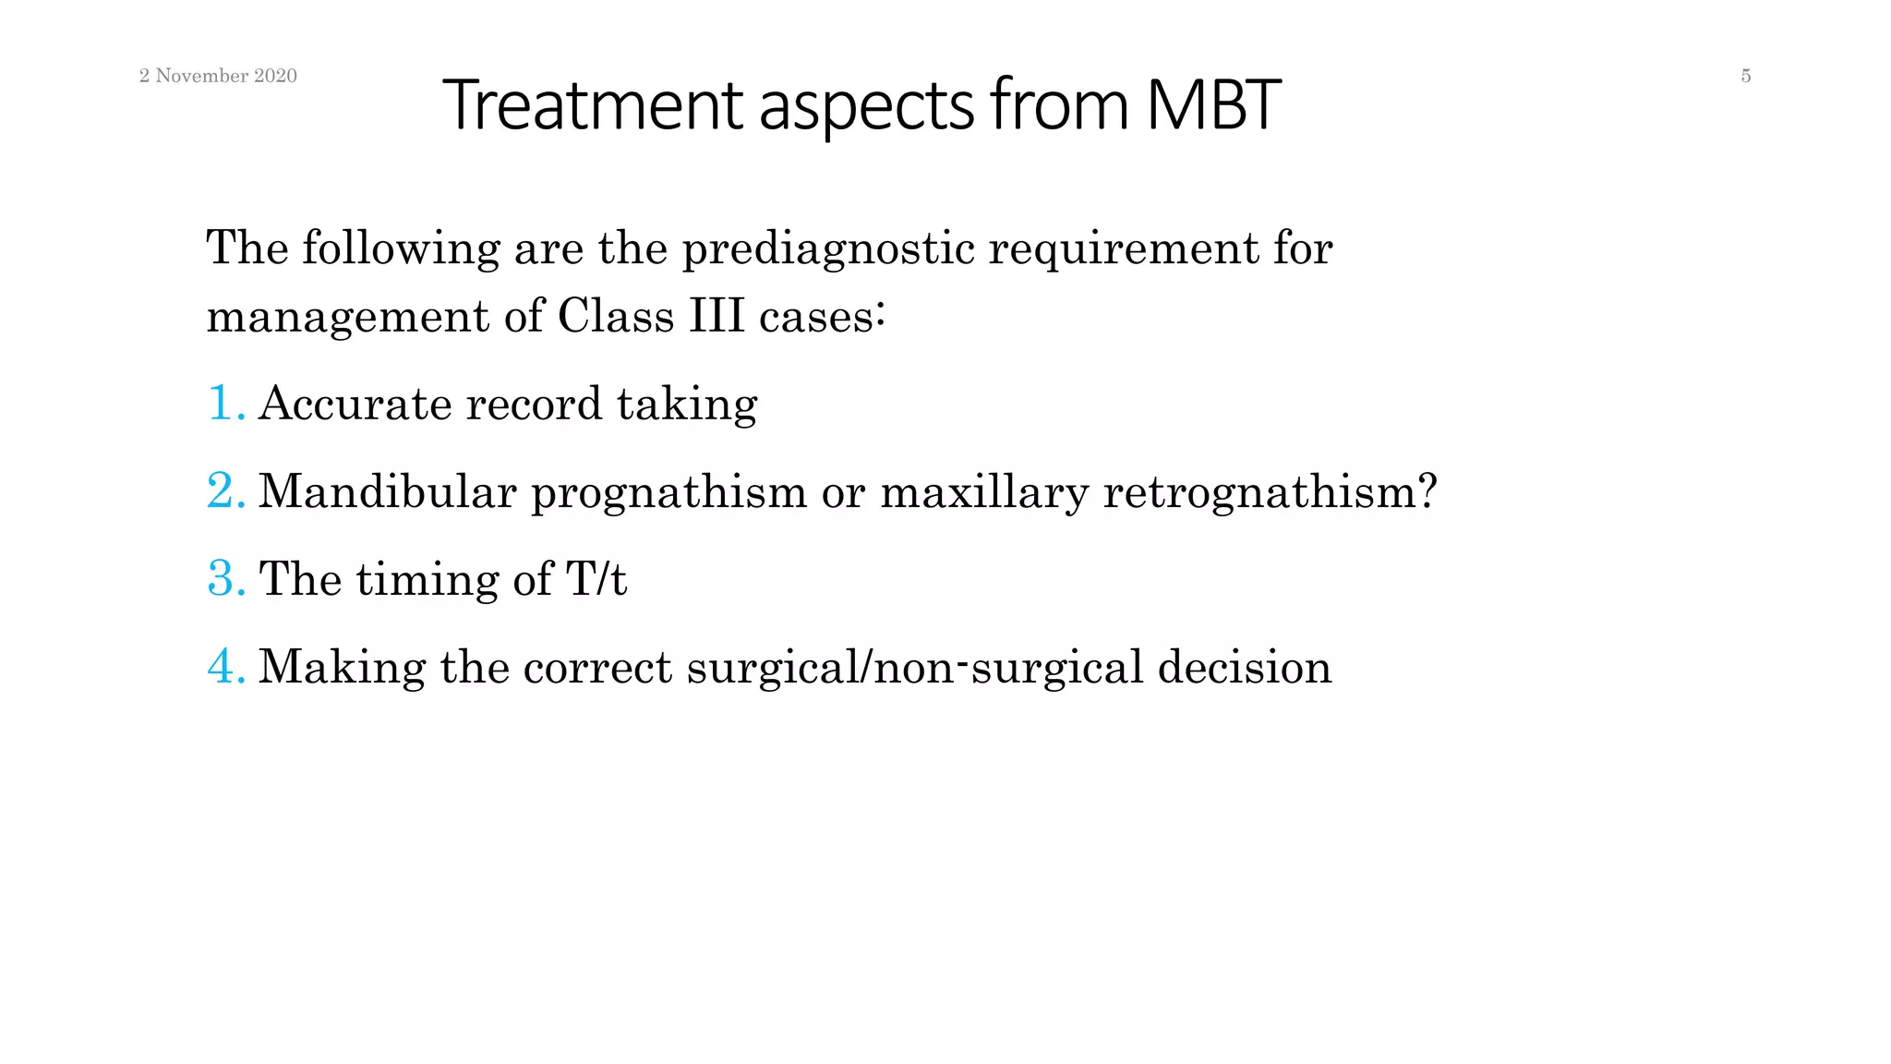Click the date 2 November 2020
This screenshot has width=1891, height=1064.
tap(218, 76)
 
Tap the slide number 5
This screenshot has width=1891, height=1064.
tap(1745, 76)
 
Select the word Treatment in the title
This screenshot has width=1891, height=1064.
tap(592, 104)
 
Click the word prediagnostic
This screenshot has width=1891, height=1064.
tap(828, 249)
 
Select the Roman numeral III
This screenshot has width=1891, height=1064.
tap(716, 317)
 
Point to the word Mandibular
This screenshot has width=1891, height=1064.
tap(387, 490)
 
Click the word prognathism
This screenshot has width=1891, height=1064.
tap(668, 492)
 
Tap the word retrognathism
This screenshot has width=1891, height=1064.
tap(1270, 492)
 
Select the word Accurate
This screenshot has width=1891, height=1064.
tap(355, 404)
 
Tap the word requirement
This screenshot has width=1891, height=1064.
tap(1123, 249)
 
